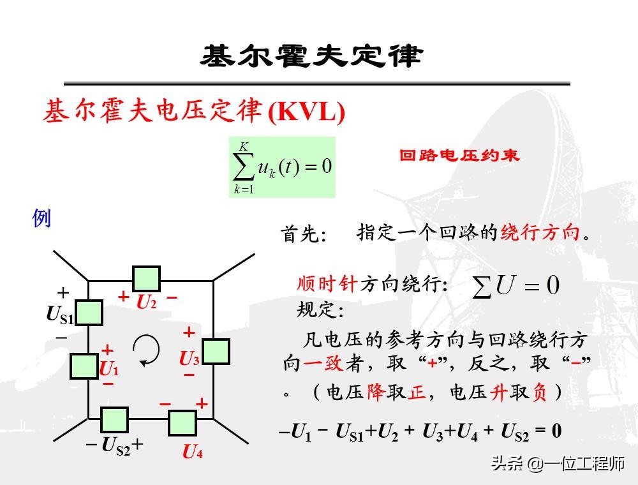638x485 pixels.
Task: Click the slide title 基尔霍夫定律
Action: pyautogui.click(x=311, y=56)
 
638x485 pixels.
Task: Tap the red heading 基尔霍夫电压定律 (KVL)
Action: pyautogui.click(x=194, y=112)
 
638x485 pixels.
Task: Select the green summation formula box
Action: pyautogui.click(x=282, y=167)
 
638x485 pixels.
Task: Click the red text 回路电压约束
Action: pyautogui.click(x=459, y=155)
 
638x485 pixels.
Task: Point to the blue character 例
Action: pyautogui.click(x=41, y=218)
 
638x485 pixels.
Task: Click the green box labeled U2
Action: pyautogui.click(x=146, y=279)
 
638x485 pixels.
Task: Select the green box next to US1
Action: pyautogui.click(x=89, y=313)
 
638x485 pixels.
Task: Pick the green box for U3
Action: pyautogui.click(x=216, y=352)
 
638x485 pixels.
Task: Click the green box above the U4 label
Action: pyautogui.click(x=182, y=423)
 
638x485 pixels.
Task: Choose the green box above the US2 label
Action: pyautogui.click(x=114, y=419)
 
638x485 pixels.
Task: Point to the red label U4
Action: pyautogui.click(x=193, y=452)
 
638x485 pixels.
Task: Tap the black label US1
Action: pyautogui.click(x=59, y=315)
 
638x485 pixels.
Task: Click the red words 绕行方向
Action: pyautogui.click(x=540, y=232)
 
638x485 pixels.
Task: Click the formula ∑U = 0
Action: pyautogui.click(x=515, y=285)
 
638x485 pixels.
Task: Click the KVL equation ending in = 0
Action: pyautogui.click(x=420, y=432)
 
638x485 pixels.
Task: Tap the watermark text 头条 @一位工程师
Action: pyautogui.click(x=558, y=464)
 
